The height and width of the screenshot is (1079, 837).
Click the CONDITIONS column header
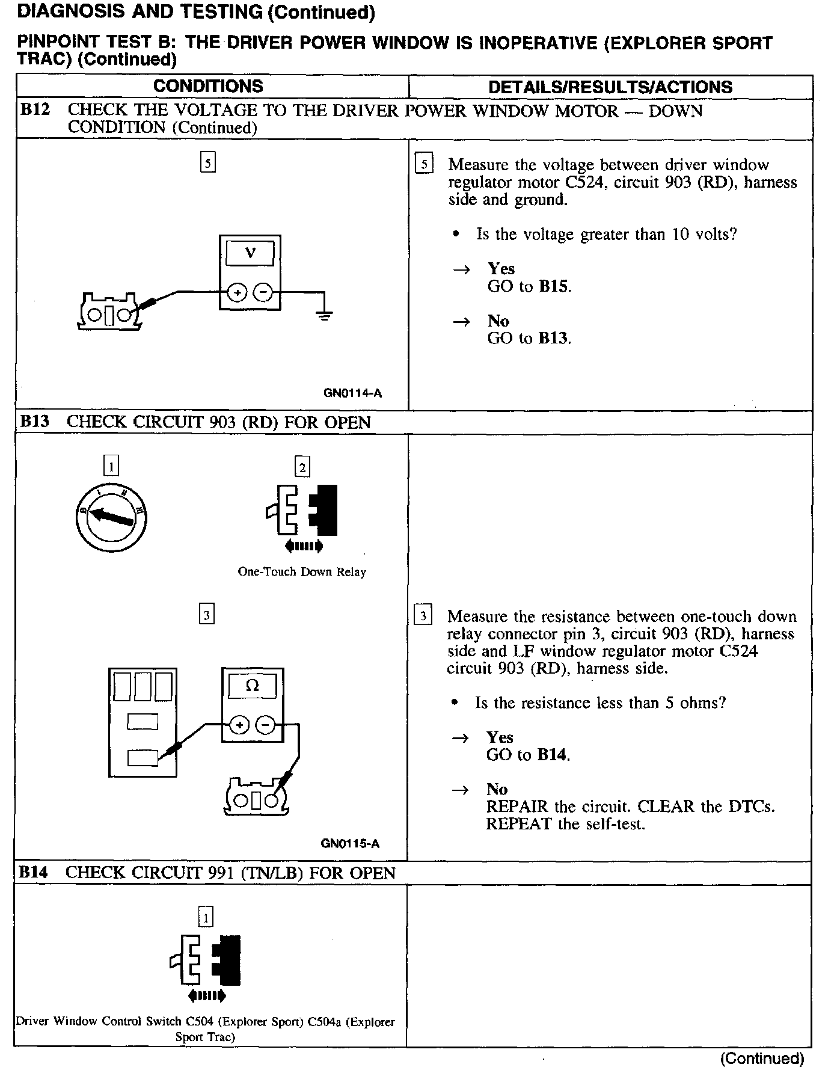pyautogui.click(x=208, y=86)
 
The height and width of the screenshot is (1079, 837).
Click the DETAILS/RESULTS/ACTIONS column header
pyautogui.click(x=610, y=87)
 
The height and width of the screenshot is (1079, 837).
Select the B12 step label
pyautogui.click(x=34, y=110)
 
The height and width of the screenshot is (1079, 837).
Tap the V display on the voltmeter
pyautogui.click(x=250, y=253)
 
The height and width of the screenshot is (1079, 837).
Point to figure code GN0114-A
pyautogui.click(x=352, y=393)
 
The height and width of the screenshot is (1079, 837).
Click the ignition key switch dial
pyautogui.click(x=112, y=518)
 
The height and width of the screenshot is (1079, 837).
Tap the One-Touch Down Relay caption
pyautogui.click(x=302, y=572)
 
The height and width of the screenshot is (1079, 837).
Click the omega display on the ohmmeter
pyautogui.click(x=253, y=686)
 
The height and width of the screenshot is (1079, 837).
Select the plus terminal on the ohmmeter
pyautogui.click(x=239, y=725)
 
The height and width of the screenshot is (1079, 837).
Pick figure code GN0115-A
pyautogui.click(x=350, y=843)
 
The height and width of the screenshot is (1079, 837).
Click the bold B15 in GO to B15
pyautogui.click(x=553, y=286)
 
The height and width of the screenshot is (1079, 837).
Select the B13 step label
pyautogui.click(x=34, y=422)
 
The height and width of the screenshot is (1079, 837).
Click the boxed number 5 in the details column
pyautogui.click(x=424, y=164)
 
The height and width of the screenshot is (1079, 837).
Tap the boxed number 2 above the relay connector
pyautogui.click(x=302, y=467)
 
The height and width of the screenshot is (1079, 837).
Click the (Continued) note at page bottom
pyautogui.click(x=762, y=1058)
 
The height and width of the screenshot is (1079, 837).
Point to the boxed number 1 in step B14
pyautogui.click(x=206, y=918)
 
